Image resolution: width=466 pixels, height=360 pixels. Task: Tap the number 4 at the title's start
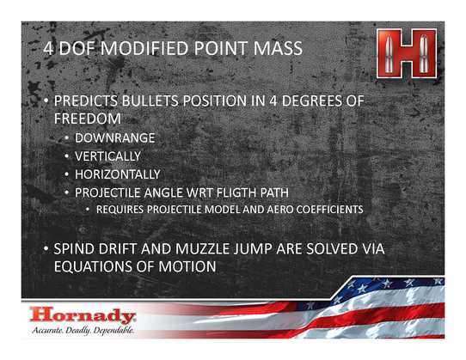tap(48, 48)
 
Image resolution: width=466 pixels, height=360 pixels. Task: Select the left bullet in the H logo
tap(389, 53)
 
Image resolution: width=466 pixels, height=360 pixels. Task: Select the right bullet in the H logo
tap(423, 53)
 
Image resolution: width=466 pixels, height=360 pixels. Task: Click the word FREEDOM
tap(88, 119)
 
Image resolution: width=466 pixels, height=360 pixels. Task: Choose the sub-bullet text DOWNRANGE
tap(114, 138)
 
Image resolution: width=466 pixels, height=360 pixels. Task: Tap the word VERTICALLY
tap(107, 156)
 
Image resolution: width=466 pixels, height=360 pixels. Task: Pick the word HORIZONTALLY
tap(118, 174)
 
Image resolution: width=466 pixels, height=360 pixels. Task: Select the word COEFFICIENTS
tap(329, 210)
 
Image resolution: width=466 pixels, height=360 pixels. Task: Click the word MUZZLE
tap(202, 249)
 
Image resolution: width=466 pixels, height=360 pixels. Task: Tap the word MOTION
tap(187, 266)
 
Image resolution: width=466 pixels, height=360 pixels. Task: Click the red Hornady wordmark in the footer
tap(83, 315)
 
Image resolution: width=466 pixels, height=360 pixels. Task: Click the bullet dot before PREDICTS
tap(46, 101)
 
